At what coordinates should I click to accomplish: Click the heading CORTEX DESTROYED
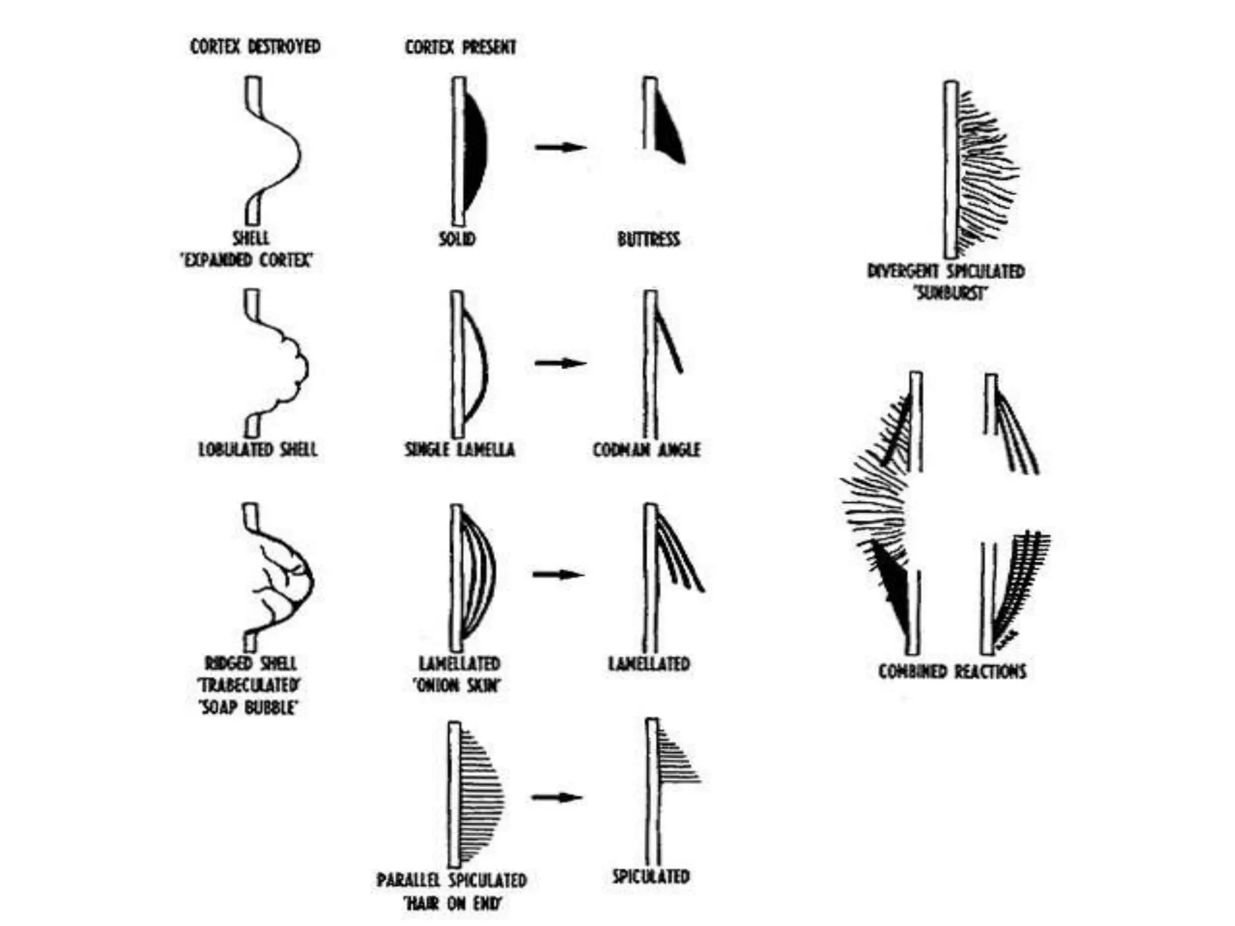[255, 46]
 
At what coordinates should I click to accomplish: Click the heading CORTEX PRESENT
[460, 47]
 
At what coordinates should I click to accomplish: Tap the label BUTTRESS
[648, 239]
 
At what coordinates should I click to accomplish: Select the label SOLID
[457, 239]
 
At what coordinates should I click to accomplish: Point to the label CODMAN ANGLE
[646, 450]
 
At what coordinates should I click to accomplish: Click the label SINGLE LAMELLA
[460, 450]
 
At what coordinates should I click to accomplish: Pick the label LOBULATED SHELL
[257, 449]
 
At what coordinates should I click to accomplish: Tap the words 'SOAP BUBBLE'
[248, 707]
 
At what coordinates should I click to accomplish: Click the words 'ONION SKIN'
[457, 685]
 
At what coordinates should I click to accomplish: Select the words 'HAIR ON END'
[453, 903]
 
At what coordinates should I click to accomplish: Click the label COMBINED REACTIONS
[952, 671]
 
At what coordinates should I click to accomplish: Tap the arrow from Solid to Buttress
[560, 146]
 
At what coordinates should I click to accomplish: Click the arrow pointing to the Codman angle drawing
[560, 363]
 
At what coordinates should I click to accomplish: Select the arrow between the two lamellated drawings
[558, 574]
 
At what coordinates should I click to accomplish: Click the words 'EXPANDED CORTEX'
[247, 260]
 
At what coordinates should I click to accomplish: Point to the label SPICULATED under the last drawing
[651, 877]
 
